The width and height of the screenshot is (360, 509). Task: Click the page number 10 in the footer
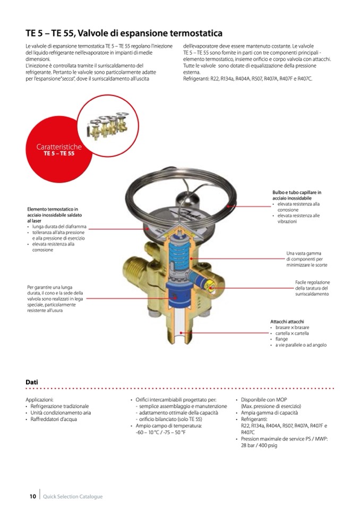(32, 496)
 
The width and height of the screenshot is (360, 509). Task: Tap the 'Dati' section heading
(31, 382)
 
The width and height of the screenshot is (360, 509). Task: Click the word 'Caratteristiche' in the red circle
(59, 146)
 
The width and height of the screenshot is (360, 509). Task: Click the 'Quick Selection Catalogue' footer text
(73, 496)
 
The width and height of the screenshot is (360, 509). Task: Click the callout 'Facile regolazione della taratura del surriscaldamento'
(312, 288)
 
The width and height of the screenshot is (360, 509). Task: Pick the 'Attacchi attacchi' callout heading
(287, 321)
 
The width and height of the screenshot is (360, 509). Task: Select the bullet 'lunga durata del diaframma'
(58, 226)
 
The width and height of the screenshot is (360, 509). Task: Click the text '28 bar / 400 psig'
(259, 445)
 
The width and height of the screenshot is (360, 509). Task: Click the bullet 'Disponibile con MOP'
(263, 400)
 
